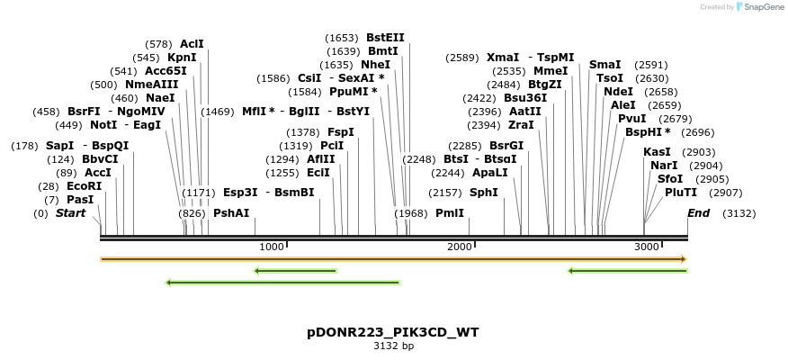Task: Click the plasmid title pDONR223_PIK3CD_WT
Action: point(392,332)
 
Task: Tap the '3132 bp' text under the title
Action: point(393,346)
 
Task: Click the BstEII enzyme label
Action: point(385,38)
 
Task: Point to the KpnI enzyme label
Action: point(182,58)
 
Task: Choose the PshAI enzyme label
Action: point(231,213)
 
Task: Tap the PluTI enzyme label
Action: point(676,193)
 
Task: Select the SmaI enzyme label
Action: point(605,65)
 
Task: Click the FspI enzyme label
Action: point(341,132)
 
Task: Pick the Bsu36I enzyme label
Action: point(525,98)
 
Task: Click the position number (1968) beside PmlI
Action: point(411,213)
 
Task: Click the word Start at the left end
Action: point(71,213)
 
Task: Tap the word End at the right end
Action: point(698,213)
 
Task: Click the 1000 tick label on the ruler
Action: point(271,247)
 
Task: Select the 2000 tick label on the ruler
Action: point(460,247)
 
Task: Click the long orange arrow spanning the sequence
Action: point(393,259)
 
